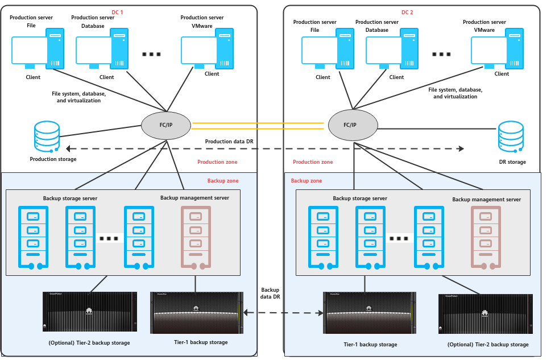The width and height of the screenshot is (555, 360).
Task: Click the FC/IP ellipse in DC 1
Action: point(165,125)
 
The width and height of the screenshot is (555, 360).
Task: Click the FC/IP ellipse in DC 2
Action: point(353,125)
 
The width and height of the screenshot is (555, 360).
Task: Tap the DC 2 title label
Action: point(408,12)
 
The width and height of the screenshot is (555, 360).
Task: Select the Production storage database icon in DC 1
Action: point(47,136)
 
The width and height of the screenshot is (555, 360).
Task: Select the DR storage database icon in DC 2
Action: point(511,136)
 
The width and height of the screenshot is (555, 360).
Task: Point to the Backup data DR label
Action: point(270,294)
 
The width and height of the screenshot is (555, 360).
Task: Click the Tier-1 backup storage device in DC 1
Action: point(197,313)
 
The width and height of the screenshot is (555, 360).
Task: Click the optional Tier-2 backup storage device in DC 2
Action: point(486,314)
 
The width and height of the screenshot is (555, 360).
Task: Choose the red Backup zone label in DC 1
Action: point(223,181)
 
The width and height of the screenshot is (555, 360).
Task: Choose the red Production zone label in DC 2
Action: point(313,162)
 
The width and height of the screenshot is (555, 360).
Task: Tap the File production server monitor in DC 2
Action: point(320,51)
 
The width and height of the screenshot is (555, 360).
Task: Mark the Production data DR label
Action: point(229,142)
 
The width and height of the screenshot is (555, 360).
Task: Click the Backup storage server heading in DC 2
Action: point(360,198)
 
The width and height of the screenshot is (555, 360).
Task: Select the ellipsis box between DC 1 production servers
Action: point(152,54)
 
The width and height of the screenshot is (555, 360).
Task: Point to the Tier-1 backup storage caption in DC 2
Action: point(370,345)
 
